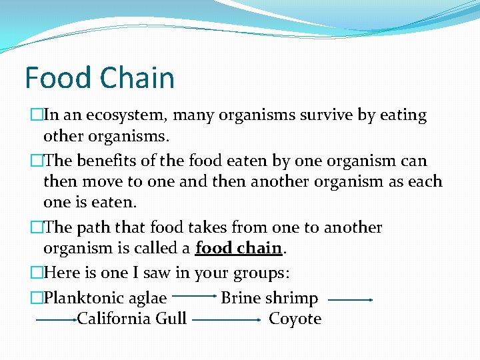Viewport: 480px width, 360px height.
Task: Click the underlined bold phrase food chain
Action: pyautogui.click(x=239, y=248)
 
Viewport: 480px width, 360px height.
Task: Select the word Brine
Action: pyautogui.click(x=241, y=298)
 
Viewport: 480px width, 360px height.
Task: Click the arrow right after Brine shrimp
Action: pyautogui.click(x=350, y=300)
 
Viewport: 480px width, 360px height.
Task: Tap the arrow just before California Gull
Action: pyautogui.click(x=56, y=320)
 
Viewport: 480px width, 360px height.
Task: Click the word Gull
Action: pyautogui.click(x=171, y=319)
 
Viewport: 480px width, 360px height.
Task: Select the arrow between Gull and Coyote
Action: pyautogui.click(x=226, y=320)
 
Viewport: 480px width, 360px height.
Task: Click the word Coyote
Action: pyautogui.click(x=295, y=319)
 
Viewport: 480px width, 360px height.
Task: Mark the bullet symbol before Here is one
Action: pyautogui.click(x=37, y=273)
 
